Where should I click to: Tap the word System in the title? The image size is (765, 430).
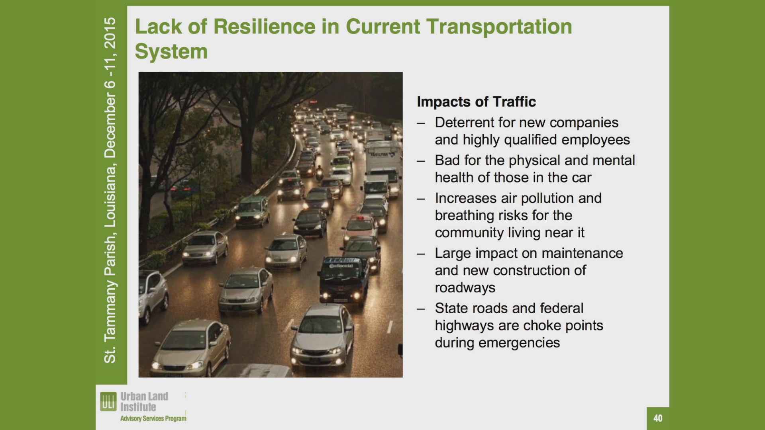171,52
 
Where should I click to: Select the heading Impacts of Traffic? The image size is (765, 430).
476,102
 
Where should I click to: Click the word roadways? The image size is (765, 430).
465,288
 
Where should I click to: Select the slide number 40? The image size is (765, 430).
658,418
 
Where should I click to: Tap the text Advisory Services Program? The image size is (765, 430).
153,418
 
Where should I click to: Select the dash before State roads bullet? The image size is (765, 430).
421,309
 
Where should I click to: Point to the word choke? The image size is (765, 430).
540,326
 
